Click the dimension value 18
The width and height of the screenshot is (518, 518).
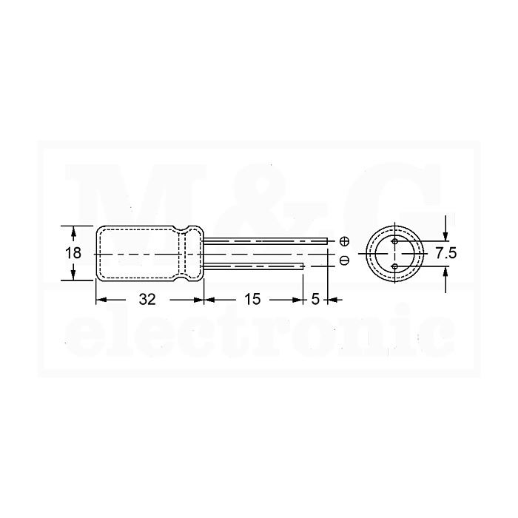pos(73,253)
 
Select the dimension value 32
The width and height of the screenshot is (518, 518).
pos(147,300)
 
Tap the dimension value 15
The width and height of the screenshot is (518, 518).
pos(252,299)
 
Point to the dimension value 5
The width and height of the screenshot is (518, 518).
pos(315,299)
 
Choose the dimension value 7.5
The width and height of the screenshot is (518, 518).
pos(446,253)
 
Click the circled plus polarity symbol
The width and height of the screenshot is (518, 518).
pos(344,241)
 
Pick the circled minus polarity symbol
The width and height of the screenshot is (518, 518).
pos(344,260)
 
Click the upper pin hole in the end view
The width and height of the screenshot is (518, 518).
pos(394,241)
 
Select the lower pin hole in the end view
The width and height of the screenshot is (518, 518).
pos(394,266)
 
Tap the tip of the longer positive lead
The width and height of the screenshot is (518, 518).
pos(327,241)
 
